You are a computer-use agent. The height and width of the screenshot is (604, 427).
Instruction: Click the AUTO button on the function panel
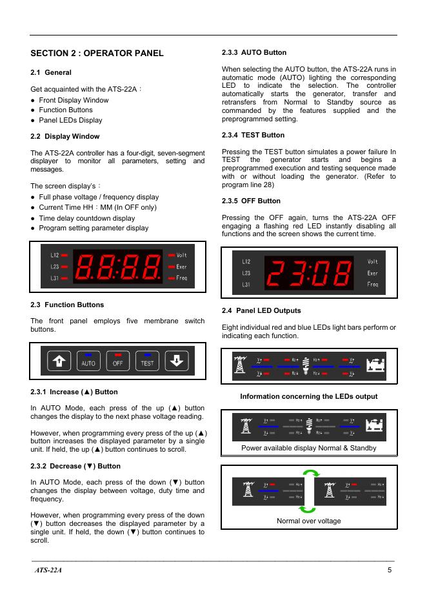click(88, 361)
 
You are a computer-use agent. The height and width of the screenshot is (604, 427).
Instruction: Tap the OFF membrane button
click(118, 361)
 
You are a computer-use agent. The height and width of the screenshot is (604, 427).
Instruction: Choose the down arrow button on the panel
click(176, 361)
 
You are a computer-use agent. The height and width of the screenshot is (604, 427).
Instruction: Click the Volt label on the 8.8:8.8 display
click(182, 256)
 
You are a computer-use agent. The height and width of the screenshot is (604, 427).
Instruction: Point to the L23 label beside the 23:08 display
click(246, 273)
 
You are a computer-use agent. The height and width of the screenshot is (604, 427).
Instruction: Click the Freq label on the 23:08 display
click(373, 285)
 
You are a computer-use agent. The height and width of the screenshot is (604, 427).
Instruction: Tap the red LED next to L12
click(65, 256)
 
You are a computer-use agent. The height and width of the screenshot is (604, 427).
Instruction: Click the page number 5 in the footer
click(390, 570)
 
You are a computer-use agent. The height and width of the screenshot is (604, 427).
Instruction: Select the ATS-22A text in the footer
click(48, 570)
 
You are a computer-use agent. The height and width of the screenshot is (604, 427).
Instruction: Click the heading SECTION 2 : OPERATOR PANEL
click(97, 53)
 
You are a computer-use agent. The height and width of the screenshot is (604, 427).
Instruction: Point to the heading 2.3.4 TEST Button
click(253, 135)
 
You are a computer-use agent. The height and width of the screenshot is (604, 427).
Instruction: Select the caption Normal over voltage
click(309, 521)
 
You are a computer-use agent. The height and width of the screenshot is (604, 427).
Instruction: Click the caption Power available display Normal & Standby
click(309, 447)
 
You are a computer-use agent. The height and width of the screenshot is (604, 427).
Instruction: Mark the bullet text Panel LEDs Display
click(70, 120)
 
